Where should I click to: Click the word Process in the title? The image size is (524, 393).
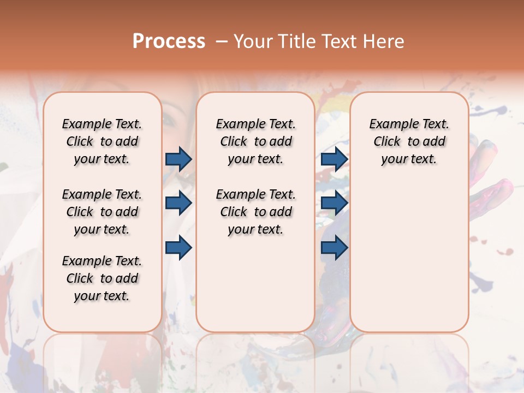click(169, 41)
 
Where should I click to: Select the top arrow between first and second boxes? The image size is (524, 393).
click(178, 159)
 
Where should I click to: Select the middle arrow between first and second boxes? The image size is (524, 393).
click(178, 203)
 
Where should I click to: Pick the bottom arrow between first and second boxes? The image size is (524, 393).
click(178, 247)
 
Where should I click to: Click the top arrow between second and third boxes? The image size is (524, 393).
click(335, 159)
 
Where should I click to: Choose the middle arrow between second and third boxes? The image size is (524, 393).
click(335, 203)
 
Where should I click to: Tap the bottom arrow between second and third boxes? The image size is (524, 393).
click(335, 247)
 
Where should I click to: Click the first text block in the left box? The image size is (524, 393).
click(102, 141)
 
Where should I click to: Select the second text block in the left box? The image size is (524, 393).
click(102, 212)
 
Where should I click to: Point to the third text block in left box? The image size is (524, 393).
click(102, 278)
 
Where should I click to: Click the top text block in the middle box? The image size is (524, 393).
click(255, 141)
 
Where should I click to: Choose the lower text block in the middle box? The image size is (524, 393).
click(255, 212)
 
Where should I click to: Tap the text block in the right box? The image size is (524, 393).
click(409, 141)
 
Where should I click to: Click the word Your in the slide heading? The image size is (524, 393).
click(253, 41)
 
